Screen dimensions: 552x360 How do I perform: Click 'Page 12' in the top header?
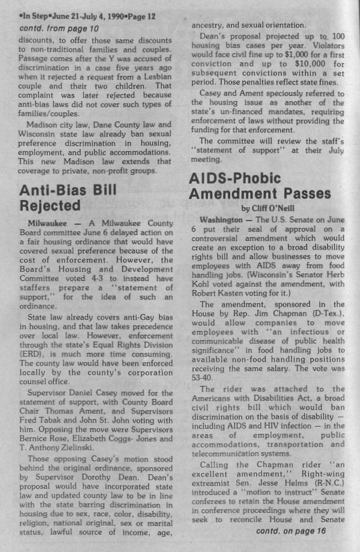[139, 16]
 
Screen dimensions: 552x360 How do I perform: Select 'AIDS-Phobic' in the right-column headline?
[235, 178]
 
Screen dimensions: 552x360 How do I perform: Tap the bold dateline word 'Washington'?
[221, 219]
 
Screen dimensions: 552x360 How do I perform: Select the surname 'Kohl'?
[201, 285]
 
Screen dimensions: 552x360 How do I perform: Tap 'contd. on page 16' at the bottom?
[291, 531]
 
